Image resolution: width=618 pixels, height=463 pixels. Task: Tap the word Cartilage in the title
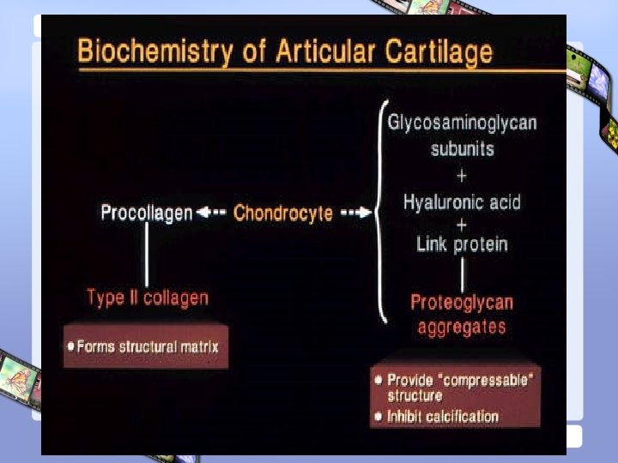pos(438,53)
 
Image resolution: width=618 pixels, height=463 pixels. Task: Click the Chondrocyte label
pos(283,213)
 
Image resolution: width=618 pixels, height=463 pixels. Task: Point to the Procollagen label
pos(147,213)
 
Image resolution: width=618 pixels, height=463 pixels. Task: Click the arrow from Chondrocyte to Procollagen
pos(211,213)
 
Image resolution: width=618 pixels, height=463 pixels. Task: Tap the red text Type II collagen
pos(148,298)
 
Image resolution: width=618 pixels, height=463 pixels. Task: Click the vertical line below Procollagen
pos(147,254)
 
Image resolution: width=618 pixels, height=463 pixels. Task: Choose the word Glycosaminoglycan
pos(462,123)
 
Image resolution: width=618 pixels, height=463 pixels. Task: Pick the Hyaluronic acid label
pos(462,203)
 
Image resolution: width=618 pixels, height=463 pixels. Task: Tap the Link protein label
pos(462,244)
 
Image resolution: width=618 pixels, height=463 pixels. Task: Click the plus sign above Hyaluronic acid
pos(462,176)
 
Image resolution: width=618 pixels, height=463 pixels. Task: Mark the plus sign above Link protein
pos(462,224)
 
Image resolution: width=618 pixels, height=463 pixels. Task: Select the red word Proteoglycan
pos(462,302)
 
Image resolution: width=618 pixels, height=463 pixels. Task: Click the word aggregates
pos(462,327)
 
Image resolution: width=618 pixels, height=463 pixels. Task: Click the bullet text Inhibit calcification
pos(443,417)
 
